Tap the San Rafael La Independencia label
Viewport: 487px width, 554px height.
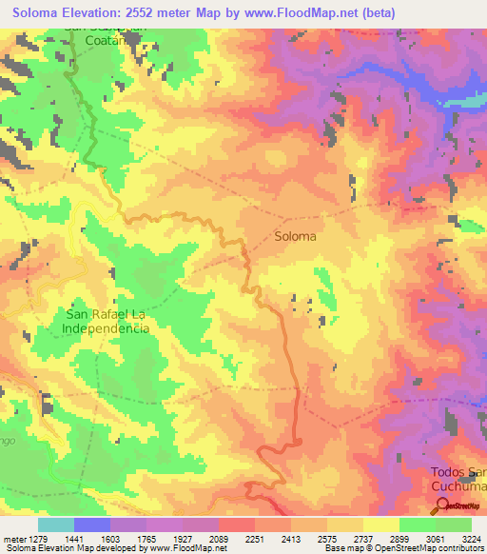coord(107,320)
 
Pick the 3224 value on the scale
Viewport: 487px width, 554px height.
coord(471,539)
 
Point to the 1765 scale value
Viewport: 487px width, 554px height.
coord(146,539)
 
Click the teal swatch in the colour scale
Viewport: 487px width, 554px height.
coord(56,524)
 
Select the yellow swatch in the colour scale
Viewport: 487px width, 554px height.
coord(380,524)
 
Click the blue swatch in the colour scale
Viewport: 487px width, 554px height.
coord(92,524)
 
